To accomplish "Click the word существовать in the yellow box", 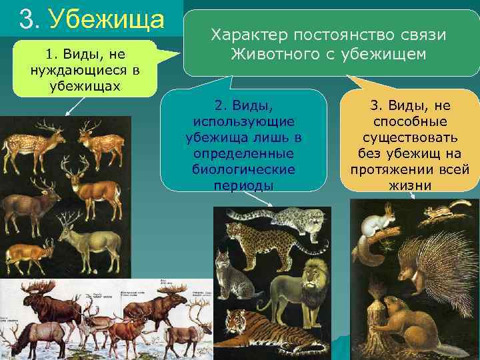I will click(x=409, y=138).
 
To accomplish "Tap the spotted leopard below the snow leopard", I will click(x=267, y=244).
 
